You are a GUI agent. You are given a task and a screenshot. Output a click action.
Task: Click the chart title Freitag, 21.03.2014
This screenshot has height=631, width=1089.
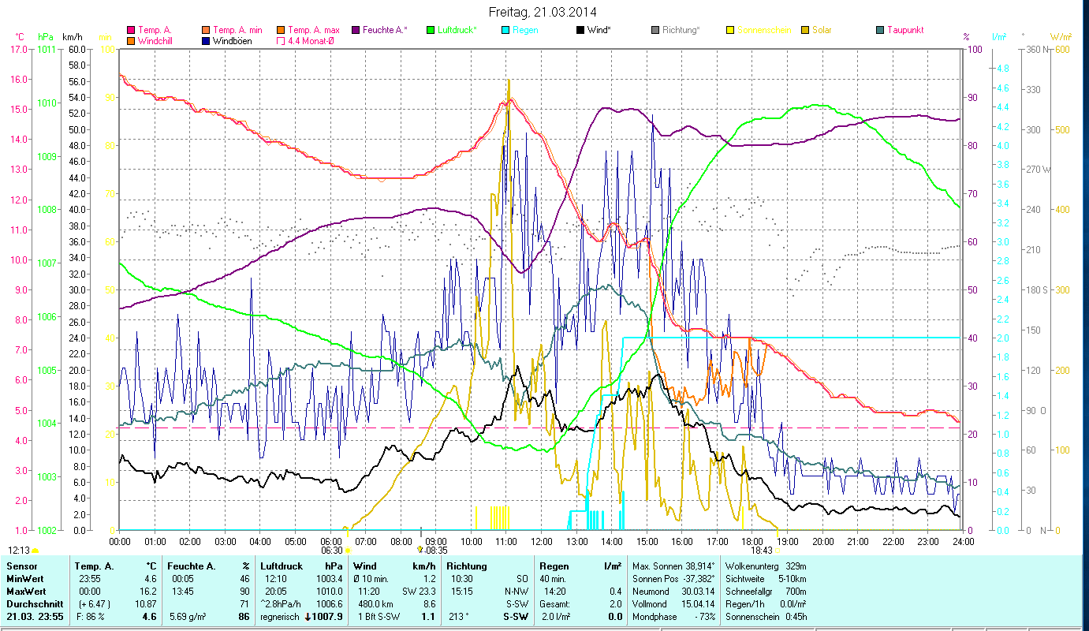pos(543,12)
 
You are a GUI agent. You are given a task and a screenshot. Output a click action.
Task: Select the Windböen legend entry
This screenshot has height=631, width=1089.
pos(232,40)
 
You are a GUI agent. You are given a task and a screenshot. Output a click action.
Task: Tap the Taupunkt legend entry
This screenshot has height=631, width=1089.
pos(904,30)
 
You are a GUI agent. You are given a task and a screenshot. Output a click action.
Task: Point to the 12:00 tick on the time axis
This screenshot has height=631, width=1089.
pos(542,542)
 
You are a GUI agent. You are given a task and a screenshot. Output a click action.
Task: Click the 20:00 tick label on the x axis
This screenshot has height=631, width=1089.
pos(822,542)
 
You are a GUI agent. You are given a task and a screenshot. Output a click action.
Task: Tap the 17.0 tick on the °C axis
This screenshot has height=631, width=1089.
pos(18,49)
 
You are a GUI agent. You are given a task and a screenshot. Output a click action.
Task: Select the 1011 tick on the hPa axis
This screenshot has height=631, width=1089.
pos(47,49)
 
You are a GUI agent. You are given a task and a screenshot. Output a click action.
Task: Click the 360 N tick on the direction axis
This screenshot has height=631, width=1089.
pos(1037,49)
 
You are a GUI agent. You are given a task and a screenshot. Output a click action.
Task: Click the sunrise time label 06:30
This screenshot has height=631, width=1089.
pos(332,551)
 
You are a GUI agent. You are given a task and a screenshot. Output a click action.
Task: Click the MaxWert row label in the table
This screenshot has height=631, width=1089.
pos(26,592)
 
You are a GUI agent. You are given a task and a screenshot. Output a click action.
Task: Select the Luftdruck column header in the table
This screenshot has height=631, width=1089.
pos(278,566)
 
